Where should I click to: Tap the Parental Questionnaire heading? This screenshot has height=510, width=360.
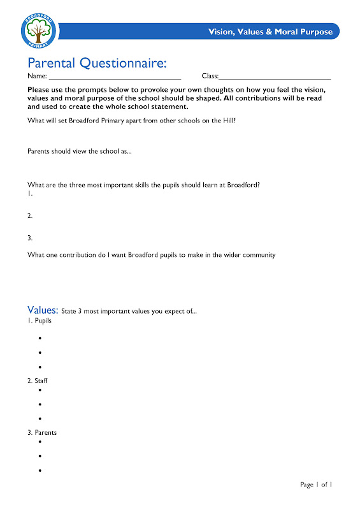tap(97, 62)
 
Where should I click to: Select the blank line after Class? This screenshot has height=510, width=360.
tap(275, 77)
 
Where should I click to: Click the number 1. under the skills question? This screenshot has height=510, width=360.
tap(30, 193)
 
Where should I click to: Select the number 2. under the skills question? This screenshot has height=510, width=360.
tap(30, 215)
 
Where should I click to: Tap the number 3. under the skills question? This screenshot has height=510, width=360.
tap(30, 238)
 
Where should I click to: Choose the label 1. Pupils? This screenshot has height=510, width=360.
tap(40, 321)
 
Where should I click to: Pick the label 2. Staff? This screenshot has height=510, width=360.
tap(38, 381)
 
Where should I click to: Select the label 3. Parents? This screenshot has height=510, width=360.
tap(42, 432)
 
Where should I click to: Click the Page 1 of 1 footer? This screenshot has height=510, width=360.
tap(317, 484)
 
